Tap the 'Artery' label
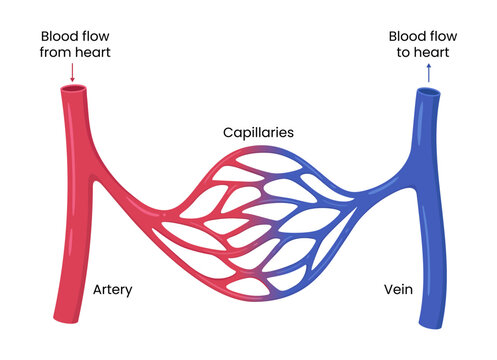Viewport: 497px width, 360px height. pyautogui.click(x=112, y=290)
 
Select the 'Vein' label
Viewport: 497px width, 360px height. pyautogui.click(x=397, y=290)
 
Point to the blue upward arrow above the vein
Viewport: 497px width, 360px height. pyautogui.click(x=428, y=73)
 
